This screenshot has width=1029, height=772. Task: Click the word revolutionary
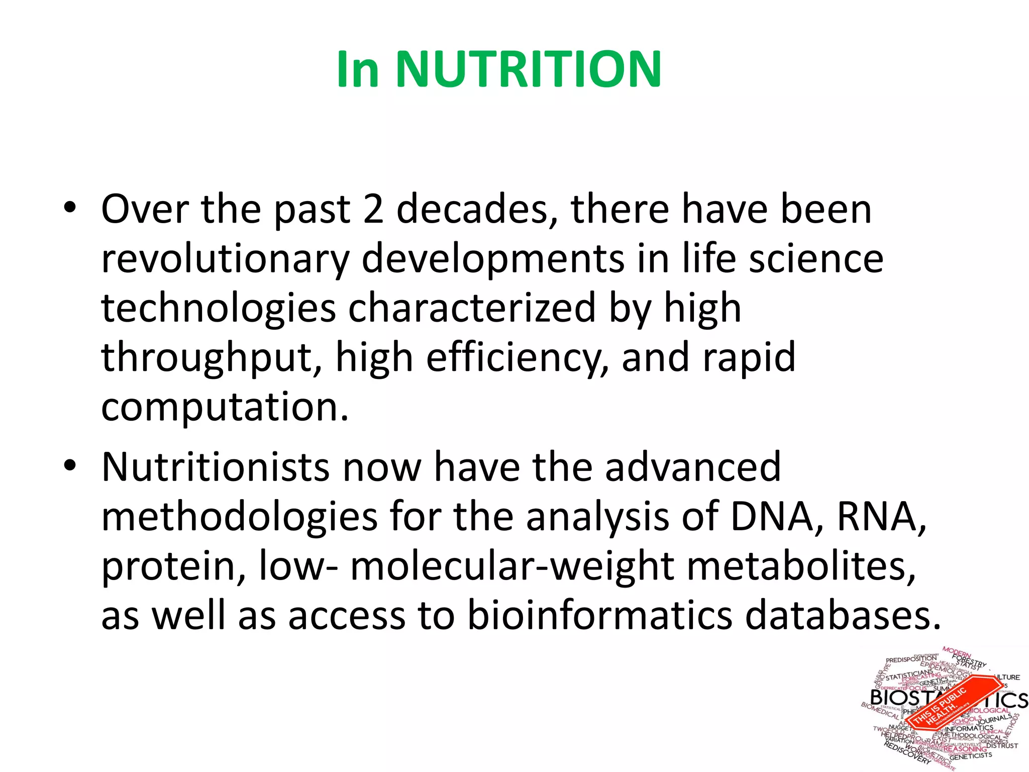click(x=225, y=259)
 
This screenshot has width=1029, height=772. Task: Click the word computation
click(x=224, y=407)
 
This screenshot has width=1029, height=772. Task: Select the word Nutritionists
click(x=216, y=467)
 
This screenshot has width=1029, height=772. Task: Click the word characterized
click(x=472, y=308)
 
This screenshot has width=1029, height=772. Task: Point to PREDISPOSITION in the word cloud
click(x=911, y=659)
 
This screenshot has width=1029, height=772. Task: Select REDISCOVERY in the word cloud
click(x=907, y=754)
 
